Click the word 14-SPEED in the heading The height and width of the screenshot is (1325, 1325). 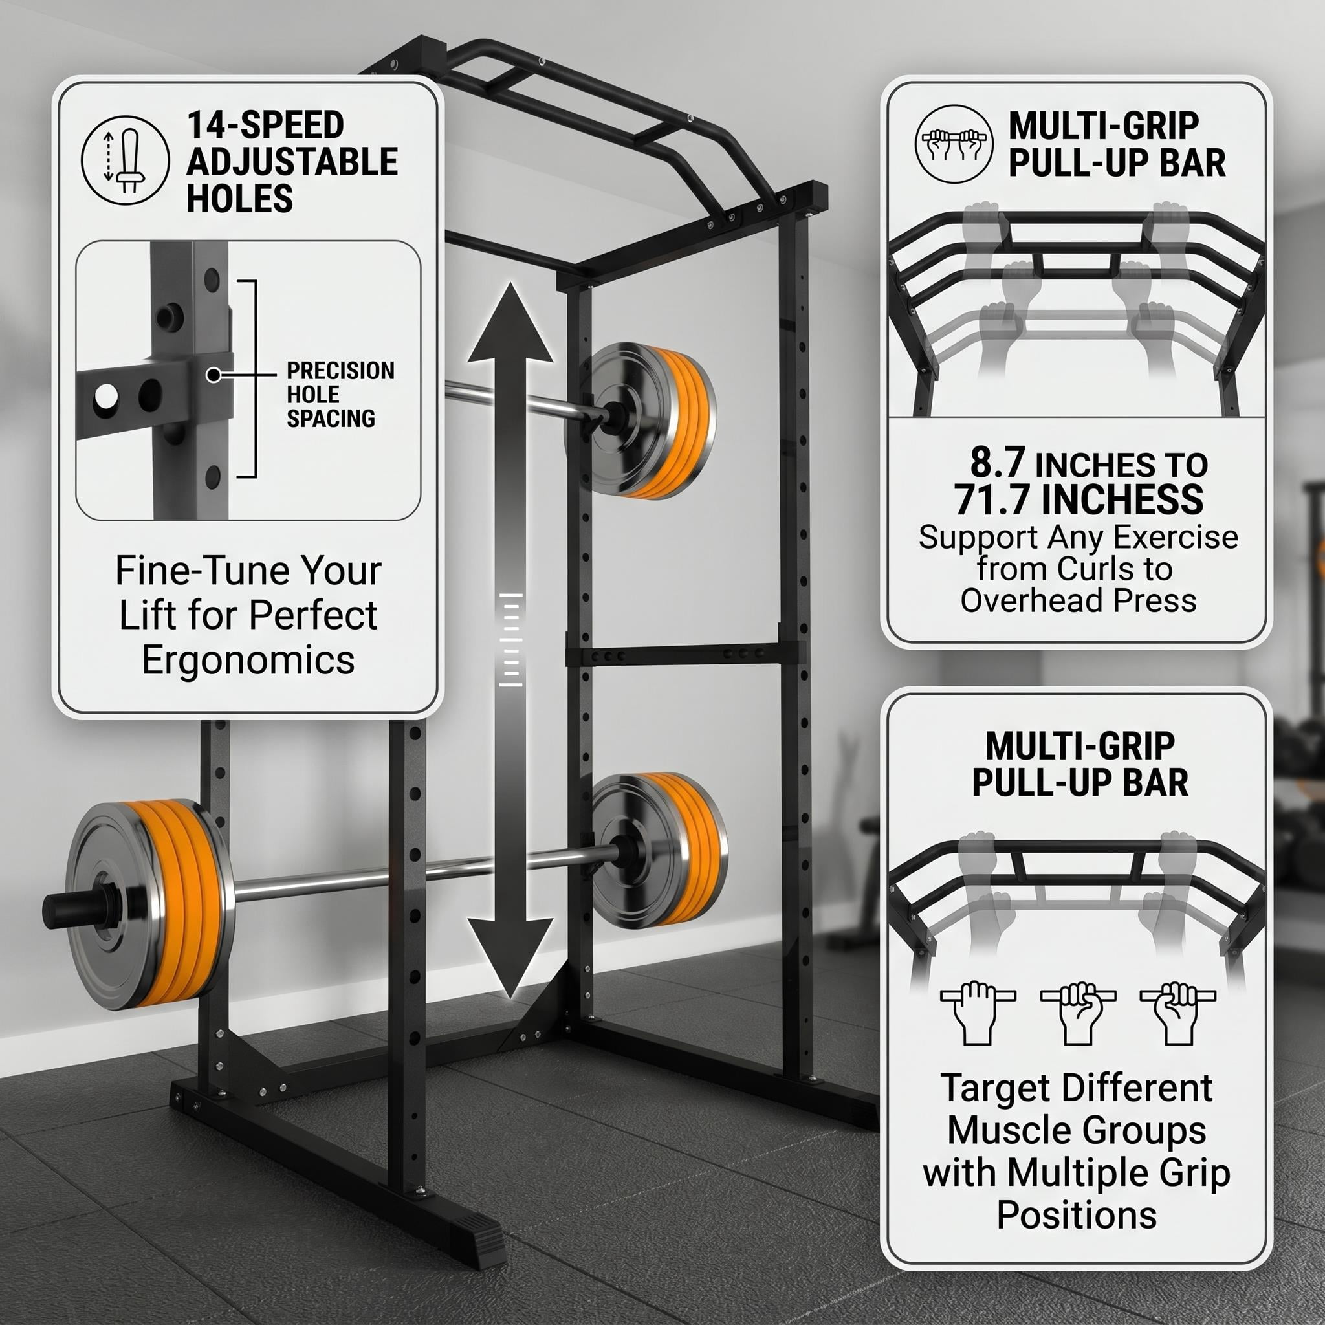pos(265,125)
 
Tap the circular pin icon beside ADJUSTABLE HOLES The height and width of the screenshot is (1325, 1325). pos(125,160)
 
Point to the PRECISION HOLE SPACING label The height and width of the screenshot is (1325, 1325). pos(340,395)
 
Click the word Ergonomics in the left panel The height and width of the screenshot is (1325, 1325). pos(248,660)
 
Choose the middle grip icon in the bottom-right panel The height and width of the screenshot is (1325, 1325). pos(1078,1013)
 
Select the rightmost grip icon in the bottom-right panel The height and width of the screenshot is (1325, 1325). pos(1177,1013)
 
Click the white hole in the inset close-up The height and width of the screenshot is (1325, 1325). pos(105,397)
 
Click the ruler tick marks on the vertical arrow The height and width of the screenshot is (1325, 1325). pos(510,639)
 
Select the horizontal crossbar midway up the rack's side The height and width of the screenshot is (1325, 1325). pos(684,655)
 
